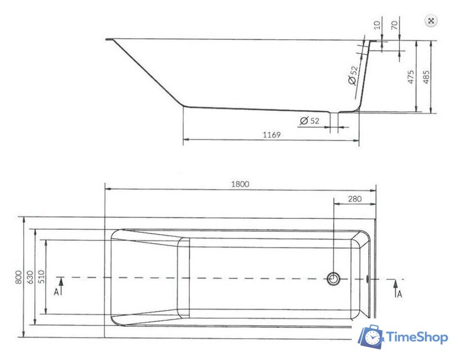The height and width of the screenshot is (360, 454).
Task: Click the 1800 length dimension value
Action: [x=240, y=184]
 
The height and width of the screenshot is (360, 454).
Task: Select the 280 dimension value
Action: [x=355, y=199]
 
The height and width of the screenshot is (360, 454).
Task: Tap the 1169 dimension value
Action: [x=271, y=135]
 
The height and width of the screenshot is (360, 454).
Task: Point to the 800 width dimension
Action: [x=19, y=277]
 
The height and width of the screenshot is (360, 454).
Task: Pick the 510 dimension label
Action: [x=40, y=277]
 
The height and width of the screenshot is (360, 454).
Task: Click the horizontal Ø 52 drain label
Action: [x=310, y=121]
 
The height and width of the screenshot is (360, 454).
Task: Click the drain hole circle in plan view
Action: [x=334, y=278]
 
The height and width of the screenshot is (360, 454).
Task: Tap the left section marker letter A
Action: [x=56, y=292]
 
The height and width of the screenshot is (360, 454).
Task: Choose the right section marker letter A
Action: [x=399, y=293]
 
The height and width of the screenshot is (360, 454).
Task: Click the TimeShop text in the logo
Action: [x=416, y=337]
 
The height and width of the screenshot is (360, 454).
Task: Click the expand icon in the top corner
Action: [x=431, y=21]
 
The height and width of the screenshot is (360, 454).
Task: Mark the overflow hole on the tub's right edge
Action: [x=367, y=278]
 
